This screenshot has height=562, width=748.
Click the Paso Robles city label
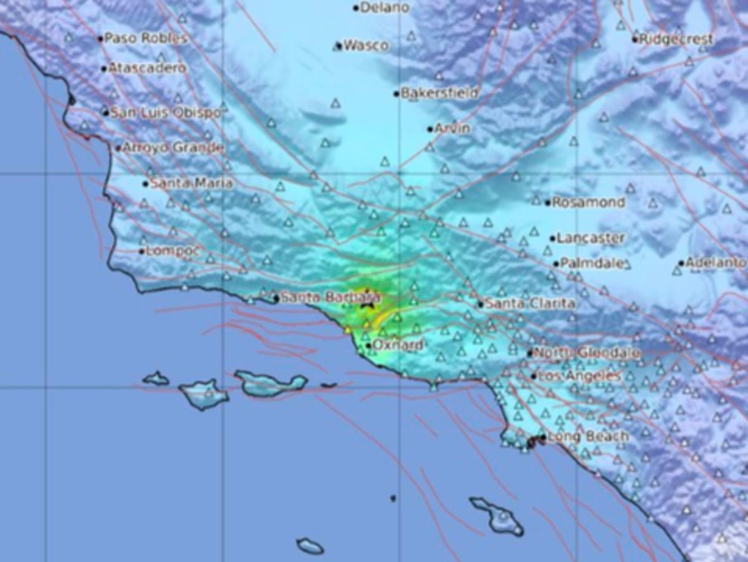[x=145, y=39]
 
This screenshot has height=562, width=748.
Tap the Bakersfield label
[x=439, y=93]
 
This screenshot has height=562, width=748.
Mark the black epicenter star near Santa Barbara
[x=368, y=303]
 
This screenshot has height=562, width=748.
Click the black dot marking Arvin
[x=430, y=129]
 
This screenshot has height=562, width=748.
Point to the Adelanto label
[x=716, y=263]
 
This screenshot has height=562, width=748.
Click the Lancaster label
[x=590, y=238]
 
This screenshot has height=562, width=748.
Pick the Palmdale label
[x=592, y=263]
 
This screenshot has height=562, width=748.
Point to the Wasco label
[x=366, y=45]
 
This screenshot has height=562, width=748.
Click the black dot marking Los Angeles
[x=534, y=376]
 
